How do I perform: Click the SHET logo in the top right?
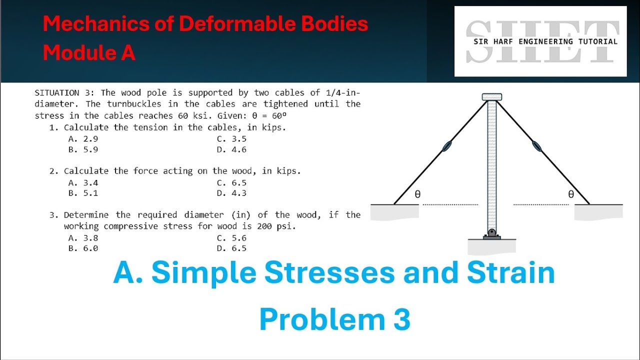click(x=540, y=41)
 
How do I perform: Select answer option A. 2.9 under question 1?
click(x=79, y=139)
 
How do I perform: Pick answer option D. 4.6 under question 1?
click(x=231, y=149)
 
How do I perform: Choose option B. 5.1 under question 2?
click(x=79, y=193)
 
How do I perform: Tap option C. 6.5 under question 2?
click(x=231, y=182)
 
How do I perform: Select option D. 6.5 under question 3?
click(x=231, y=248)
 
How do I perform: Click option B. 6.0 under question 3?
click(x=79, y=248)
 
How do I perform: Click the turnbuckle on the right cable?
click(x=536, y=145)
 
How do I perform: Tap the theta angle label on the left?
click(x=417, y=195)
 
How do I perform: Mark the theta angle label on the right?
click(x=571, y=195)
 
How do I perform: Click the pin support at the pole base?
click(x=492, y=233)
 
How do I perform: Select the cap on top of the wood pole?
click(x=492, y=97)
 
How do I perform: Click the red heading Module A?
click(x=89, y=52)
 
